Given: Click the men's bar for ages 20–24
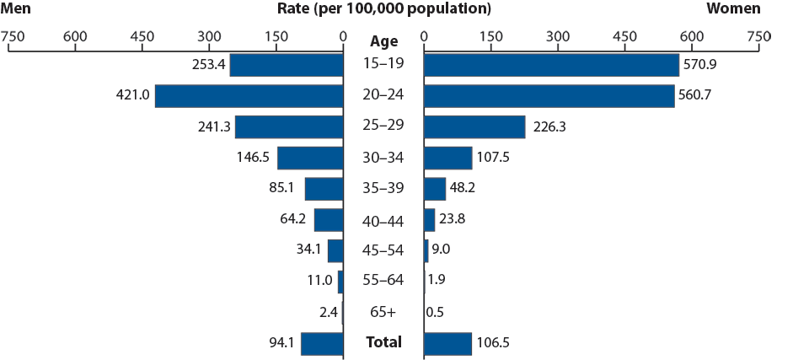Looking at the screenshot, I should pos(249,96).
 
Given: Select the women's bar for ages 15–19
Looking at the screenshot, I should pos(551,65).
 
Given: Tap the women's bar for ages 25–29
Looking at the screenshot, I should pos(474,127).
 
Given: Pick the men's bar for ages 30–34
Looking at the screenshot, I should pos(310,159).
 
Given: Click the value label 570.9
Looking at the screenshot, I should pos(700,65).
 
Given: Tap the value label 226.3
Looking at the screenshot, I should pos(549,127).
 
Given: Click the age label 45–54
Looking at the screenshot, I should pos(383,251).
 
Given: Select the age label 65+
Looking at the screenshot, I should pos(383,313).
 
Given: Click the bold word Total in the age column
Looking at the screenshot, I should pos(383,343).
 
